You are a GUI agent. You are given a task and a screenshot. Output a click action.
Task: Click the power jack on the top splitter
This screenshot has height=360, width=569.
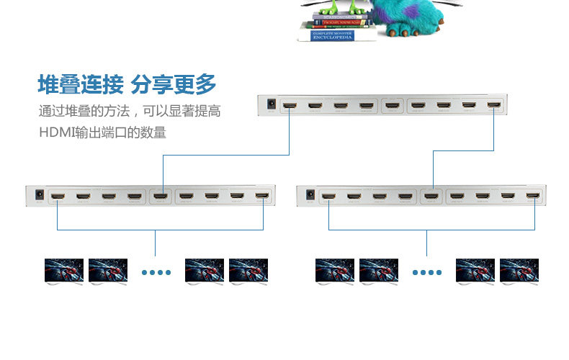click(x=271, y=105)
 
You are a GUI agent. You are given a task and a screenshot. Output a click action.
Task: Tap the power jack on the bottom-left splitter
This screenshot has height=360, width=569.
click(x=37, y=195)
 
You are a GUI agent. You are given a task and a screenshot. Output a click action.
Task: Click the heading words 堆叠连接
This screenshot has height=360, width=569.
click(x=80, y=85)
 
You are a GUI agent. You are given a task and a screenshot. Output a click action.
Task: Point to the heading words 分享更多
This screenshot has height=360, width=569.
click(x=174, y=85)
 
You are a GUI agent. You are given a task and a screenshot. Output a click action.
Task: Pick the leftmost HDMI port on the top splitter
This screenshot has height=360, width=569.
click(x=290, y=106)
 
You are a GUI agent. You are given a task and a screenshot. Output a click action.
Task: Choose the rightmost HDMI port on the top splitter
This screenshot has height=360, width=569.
click(x=493, y=106)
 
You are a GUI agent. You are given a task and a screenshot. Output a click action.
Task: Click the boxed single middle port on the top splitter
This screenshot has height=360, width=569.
click(x=392, y=106)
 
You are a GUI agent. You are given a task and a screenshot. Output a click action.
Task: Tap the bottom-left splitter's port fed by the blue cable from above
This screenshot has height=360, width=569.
click(x=161, y=196)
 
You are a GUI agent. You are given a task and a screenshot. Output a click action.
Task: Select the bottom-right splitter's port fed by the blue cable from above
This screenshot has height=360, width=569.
click(x=431, y=196)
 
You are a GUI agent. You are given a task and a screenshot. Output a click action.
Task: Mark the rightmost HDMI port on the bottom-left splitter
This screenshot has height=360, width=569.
click(x=263, y=196)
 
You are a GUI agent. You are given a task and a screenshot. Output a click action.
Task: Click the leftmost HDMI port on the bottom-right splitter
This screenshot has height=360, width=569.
click(x=328, y=196)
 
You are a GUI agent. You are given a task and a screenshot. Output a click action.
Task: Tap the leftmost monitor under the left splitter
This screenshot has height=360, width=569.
click(x=63, y=271)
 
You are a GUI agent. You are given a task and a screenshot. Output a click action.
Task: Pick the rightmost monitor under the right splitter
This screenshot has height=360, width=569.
click(x=519, y=271)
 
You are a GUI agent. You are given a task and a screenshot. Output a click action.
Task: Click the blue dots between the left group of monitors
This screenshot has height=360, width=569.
click(x=156, y=273)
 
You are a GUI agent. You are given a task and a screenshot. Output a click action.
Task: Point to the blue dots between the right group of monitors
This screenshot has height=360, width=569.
click(x=426, y=273)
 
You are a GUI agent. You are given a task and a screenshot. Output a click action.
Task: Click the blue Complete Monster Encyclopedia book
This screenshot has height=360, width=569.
click(x=333, y=35)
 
